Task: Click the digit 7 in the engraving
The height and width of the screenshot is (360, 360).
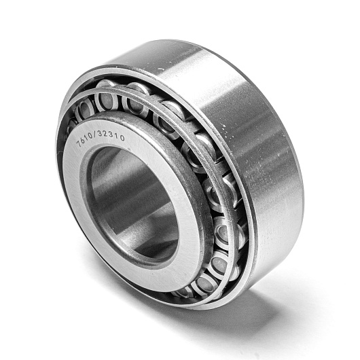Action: coord(79,143)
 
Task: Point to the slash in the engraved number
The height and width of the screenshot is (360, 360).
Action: coord(96,134)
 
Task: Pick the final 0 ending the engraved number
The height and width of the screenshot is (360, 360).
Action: coord(122,138)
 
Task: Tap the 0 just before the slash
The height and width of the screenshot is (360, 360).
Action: coord(91,135)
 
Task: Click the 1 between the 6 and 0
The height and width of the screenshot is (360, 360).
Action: coord(87,137)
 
